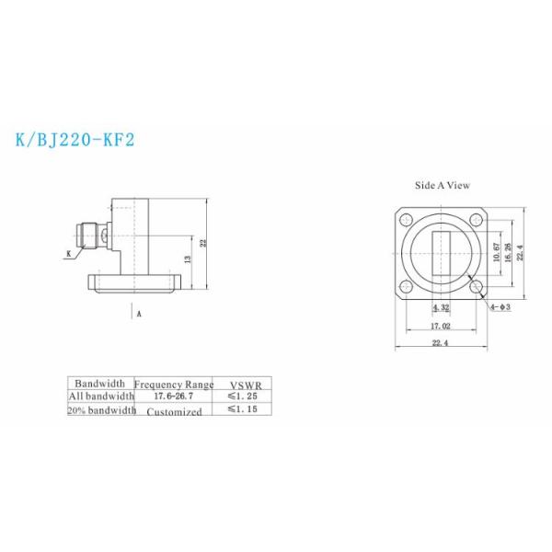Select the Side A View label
coord(443,185)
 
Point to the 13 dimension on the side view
coord(187,261)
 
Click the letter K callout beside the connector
coord(68,253)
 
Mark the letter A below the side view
coord(139,314)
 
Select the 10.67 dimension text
coord(497,252)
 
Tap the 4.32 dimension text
coord(442,307)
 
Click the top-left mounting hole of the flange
coord(406,220)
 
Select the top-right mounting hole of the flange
coord(477,220)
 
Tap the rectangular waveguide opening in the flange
coord(442,254)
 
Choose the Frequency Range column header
coord(174,385)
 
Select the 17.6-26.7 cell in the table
coord(174,396)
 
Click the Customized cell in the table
coord(174,411)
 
